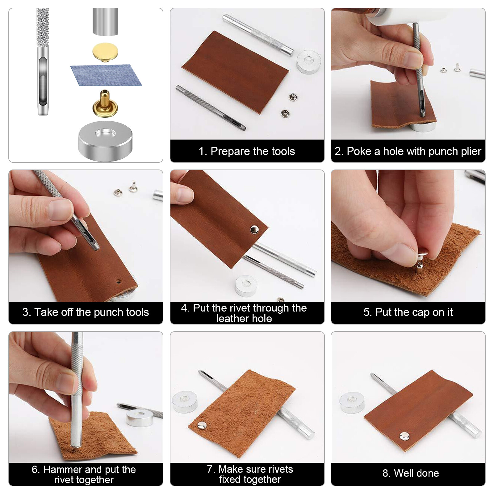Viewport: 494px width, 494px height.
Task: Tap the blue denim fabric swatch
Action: click(x=106, y=75)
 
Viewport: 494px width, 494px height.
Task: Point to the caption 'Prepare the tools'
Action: click(x=247, y=151)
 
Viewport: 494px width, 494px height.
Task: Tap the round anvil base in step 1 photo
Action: click(x=308, y=61)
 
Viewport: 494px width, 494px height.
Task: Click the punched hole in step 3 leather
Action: click(x=118, y=281)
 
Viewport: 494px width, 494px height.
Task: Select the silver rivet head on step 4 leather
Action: click(x=254, y=229)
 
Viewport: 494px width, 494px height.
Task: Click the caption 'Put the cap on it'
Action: click(x=408, y=312)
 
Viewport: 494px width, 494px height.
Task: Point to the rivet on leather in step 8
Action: click(x=404, y=436)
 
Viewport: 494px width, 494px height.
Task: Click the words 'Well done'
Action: click(x=411, y=473)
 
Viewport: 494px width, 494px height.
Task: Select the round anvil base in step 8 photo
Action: click(x=352, y=402)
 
